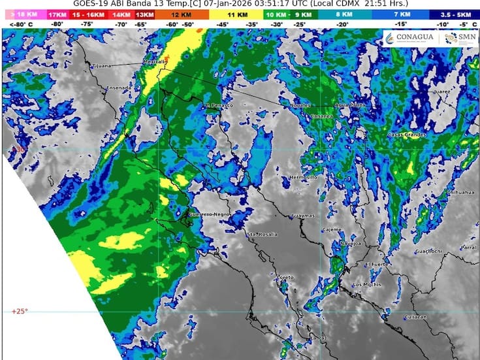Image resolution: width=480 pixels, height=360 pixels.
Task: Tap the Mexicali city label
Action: tap(155, 63)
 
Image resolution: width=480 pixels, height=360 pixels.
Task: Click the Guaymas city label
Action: tap(304, 215)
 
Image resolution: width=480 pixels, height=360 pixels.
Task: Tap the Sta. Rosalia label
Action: tap(262, 234)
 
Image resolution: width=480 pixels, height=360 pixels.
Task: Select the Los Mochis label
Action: tap(366, 286)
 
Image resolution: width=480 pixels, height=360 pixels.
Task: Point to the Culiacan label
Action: tap(415, 317)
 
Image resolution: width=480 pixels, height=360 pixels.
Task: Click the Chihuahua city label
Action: tap(457, 193)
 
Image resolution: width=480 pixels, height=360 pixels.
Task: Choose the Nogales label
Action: tap(301, 105)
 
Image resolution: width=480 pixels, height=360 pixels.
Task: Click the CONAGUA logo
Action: tap(409, 38)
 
